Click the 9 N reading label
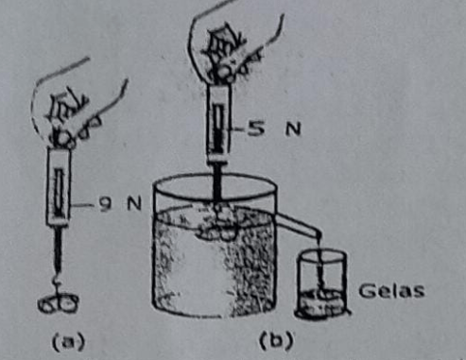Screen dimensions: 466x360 click(x=120, y=204)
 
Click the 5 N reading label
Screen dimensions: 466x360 click(x=274, y=129)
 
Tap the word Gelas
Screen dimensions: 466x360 click(x=391, y=291)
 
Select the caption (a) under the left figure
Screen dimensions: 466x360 click(x=68, y=342)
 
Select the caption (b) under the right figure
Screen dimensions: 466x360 click(x=276, y=340)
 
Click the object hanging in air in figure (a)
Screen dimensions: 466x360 click(x=58, y=304)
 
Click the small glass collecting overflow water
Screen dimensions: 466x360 click(x=321, y=283)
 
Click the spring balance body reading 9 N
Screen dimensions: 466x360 click(x=59, y=186)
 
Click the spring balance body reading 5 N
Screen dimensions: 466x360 click(x=218, y=124)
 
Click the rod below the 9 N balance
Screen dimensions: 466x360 click(x=58, y=249)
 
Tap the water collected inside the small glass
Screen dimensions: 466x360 click(x=321, y=301)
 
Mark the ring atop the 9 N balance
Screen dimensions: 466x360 click(x=63, y=139)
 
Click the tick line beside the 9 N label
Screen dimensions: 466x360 click(x=82, y=205)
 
